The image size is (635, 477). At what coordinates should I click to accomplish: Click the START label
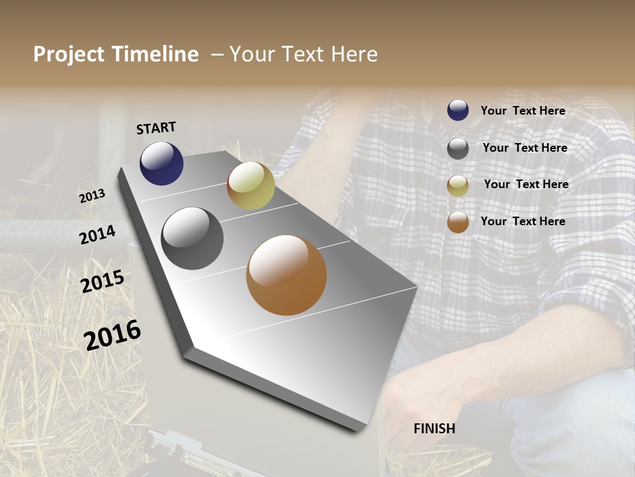click(156, 128)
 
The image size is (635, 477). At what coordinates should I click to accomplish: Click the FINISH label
click(434, 429)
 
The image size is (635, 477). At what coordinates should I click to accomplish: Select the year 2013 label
click(92, 196)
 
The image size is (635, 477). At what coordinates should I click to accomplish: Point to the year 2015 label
click(102, 282)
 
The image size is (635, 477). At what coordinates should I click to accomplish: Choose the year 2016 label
click(112, 335)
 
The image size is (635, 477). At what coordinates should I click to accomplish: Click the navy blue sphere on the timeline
click(161, 163)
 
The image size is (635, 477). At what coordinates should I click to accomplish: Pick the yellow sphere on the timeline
click(251, 185)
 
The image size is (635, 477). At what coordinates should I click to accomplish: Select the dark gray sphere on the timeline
click(192, 238)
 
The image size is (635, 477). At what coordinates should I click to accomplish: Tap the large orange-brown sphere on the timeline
click(286, 275)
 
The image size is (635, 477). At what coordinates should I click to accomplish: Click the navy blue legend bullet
click(458, 111)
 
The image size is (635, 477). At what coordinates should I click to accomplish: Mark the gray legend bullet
click(458, 148)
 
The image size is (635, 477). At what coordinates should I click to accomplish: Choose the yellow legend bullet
click(458, 185)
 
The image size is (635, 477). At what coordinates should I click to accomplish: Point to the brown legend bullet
click(458, 222)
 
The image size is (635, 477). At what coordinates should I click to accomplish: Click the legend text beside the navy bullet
click(523, 111)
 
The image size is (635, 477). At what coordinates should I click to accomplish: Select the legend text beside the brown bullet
click(523, 221)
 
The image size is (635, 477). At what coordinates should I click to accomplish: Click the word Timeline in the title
click(157, 54)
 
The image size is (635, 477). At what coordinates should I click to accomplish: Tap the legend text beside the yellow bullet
click(526, 184)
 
